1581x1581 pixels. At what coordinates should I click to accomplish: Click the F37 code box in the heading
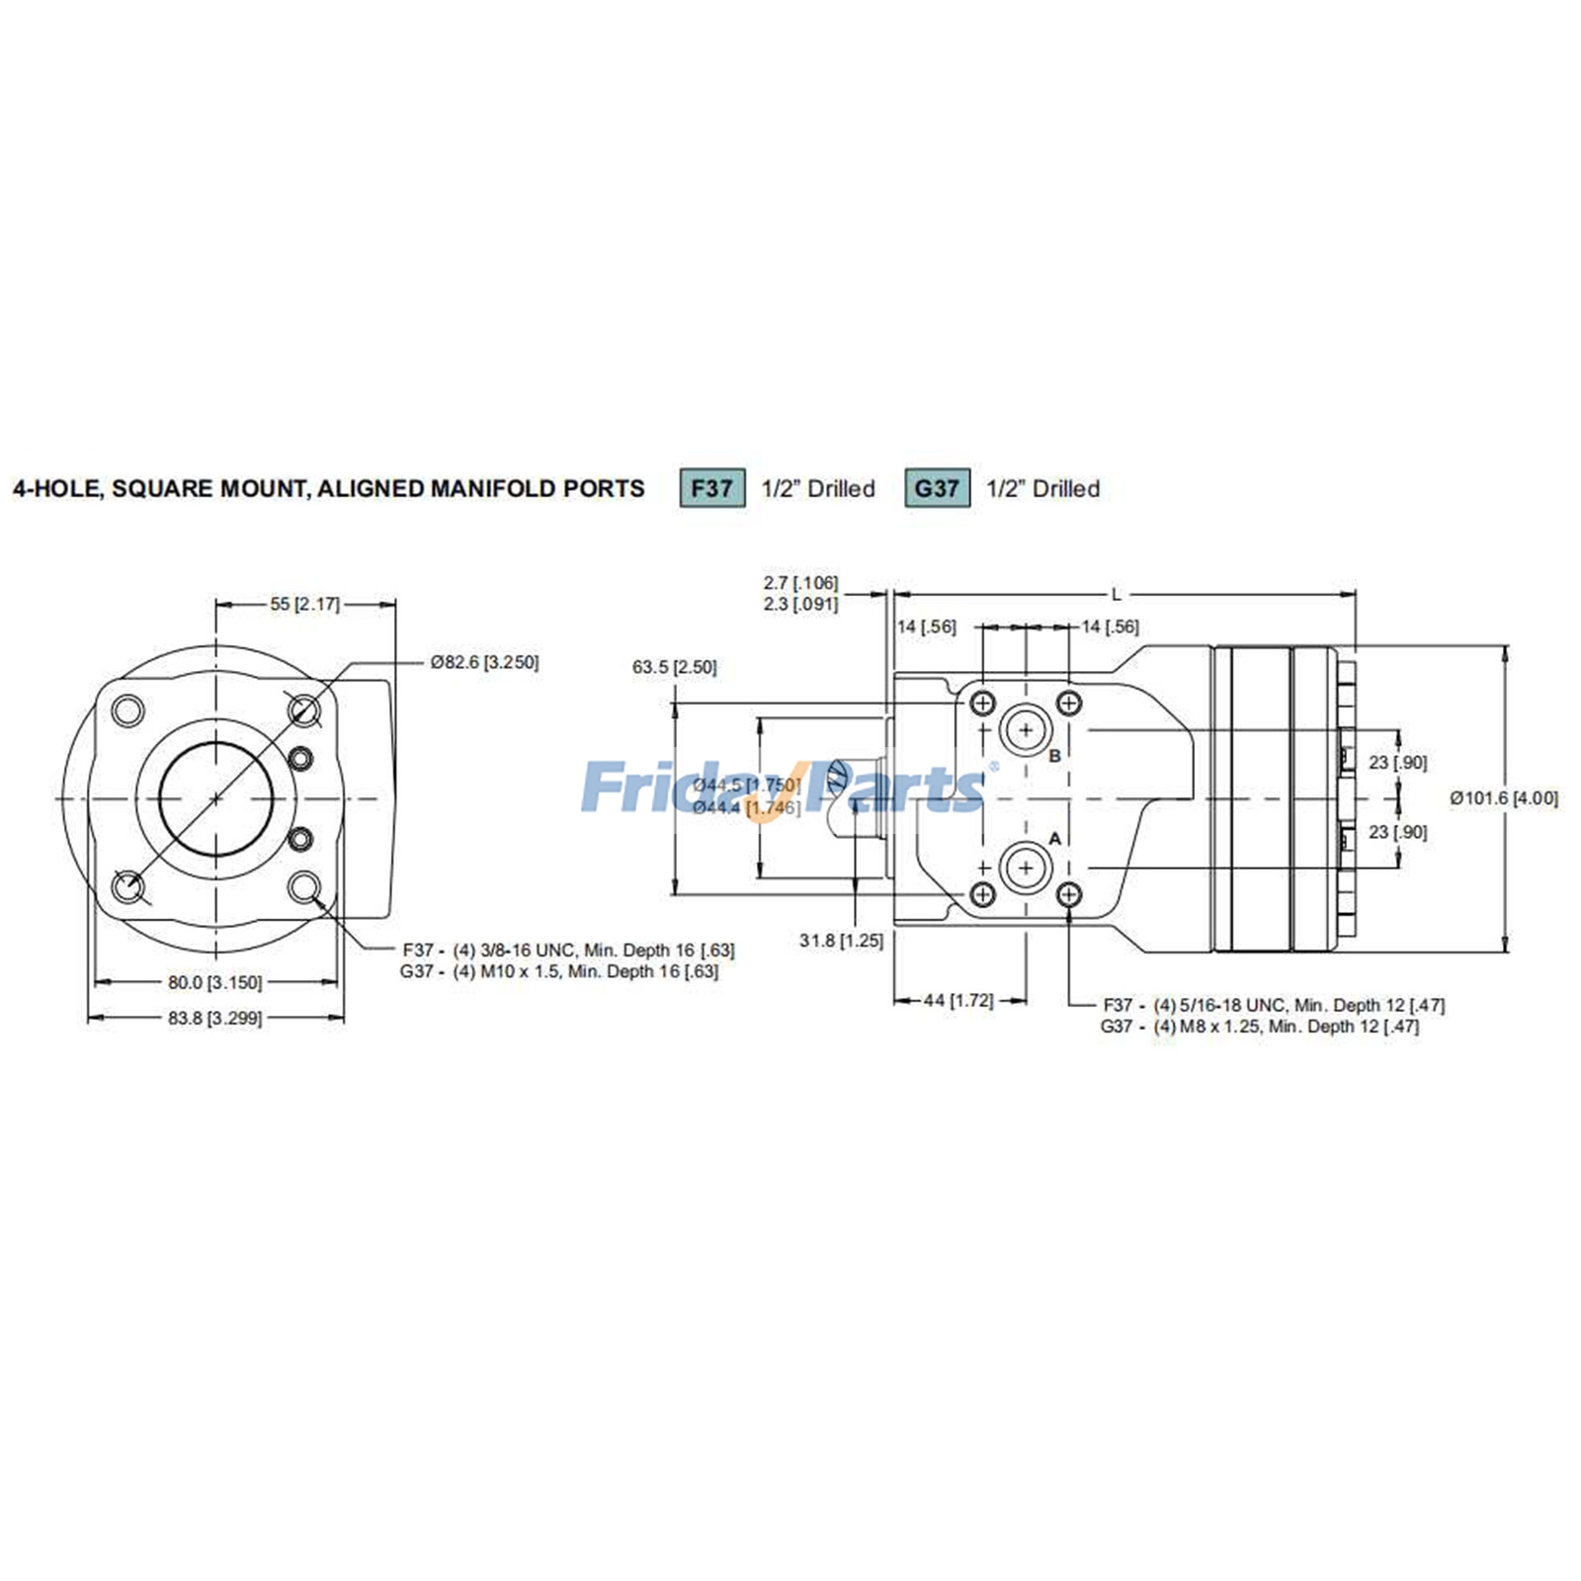pyautogui.click(x=711, y=488)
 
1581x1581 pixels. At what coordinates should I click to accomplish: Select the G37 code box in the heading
pyautogui.click(x=937, y=488)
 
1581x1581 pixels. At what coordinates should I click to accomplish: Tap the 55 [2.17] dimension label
pyautogui.click(x=304, y=604)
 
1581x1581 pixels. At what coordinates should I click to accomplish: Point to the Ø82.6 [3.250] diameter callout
pyautogui.click(x=484, y=662)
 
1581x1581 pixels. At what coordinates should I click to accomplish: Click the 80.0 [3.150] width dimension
pyautogui.click(x=214, y=982)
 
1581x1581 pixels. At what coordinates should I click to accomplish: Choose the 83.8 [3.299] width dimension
pyautogui.click(x=214, y=1017)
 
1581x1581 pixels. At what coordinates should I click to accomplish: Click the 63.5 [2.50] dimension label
pyautogui.click(x=674, y=667)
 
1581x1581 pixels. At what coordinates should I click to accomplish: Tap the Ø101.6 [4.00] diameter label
pyautogui.click(x=1503, y=797)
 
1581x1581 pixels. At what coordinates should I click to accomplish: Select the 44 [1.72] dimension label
pyautogui.click(x=957, y=1000)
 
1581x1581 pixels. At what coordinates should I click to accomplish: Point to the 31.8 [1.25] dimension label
pyautogui.click(x=841, y=940)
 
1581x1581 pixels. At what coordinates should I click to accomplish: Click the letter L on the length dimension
pyautogui.click(x=1117, y=595)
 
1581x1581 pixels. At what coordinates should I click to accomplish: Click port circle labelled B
pyautogui.click(x=1026, y=730)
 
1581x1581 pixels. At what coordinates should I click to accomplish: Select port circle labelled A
pyautogui.click(x=1026, y=869)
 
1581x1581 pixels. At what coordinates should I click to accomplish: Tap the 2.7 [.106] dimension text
pyautogui.click(x=800, y=583)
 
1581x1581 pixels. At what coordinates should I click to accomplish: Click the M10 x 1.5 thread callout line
pyautogui.click(x=559, y=971)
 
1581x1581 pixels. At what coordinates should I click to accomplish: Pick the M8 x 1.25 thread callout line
pyautogui.click(x=1260, y=1027)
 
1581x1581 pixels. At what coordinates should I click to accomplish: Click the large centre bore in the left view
pyautogui.click(x=215, y=797)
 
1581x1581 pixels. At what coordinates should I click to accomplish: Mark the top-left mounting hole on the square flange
pyautogui.click(x=128, y=709)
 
